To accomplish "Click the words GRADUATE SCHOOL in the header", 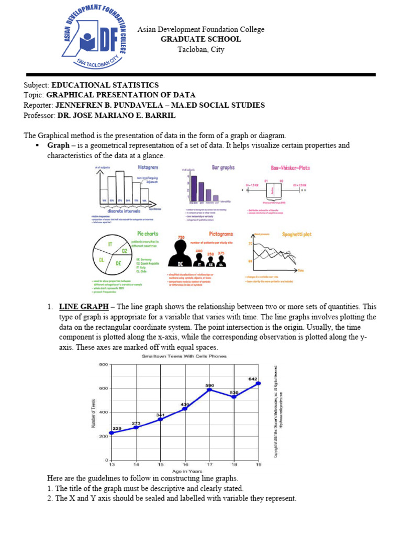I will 201,39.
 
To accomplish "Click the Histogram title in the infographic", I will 148,167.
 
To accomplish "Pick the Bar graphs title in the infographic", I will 223,167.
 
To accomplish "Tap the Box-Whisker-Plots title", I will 291,168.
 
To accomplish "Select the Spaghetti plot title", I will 296,234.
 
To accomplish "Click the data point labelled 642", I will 258,383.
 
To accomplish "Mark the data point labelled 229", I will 111,433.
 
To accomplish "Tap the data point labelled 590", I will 209,389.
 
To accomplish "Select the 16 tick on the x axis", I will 185,464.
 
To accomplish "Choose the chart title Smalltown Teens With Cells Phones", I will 184,356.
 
